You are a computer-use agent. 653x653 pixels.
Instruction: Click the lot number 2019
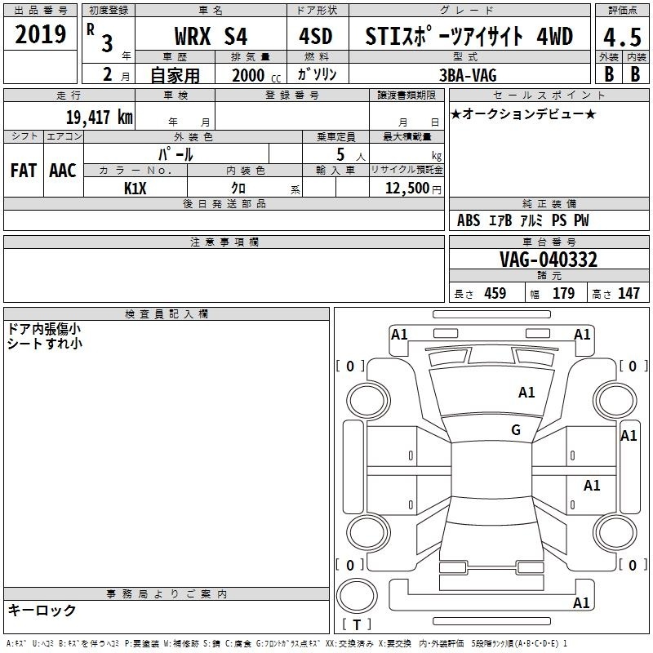coord(40,34)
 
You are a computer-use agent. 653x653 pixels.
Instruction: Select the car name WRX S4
coord(211,36)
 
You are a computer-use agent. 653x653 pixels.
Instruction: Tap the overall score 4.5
coord(622,37)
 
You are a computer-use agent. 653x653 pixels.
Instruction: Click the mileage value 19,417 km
coord(100,117)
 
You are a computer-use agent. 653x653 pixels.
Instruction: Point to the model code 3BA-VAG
coord(468,75)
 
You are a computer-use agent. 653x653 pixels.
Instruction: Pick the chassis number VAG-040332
coord(548,260)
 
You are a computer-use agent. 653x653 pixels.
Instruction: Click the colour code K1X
coord(135,189)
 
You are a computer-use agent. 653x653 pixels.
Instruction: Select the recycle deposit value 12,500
coord(406,188)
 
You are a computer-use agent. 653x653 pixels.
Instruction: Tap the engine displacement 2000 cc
coord(256,75)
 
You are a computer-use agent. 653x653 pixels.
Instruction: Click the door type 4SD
coord(316,36)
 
